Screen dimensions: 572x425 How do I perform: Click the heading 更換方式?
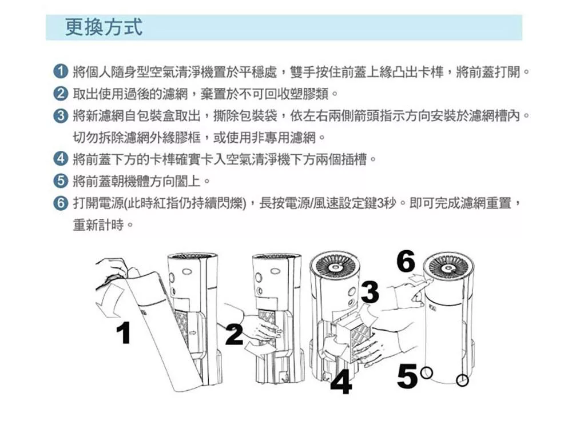pyautogui.click(x=104, y=27)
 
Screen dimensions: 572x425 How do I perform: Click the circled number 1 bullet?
pyautogui.click(x=61, y=71)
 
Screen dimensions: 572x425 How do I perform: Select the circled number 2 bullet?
pyautogui.click(x=61, y=94)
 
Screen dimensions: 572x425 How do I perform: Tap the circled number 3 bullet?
pyautogui.click(x=61, y=115)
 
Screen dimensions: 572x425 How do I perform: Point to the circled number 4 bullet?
pyautogui.click(x=61, y=159)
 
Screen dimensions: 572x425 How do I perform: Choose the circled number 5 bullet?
pyautogui.click(x=61, y=181)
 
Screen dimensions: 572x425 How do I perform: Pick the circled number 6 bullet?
pyautogui.click(x=61, y=202)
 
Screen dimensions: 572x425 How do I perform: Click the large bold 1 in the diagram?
pyautogui.click(x=124, y=333)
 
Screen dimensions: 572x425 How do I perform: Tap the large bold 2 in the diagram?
pyautogui.click(x=234, y=334)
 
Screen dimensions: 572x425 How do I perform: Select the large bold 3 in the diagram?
pyautogui.click(x=370, y=292)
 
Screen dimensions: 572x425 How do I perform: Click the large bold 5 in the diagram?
pyautogui.click(x=407, y=376)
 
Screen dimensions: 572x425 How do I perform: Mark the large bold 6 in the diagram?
pyautogui.click(x=406, y=260)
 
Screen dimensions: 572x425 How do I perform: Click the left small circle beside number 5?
pyautogui.click(x=426, y=373)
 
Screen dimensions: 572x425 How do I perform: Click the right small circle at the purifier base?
pyautogui.click(x=462, y=380)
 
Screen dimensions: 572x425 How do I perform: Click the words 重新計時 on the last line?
pyautogui.click(x=98, y=224)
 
